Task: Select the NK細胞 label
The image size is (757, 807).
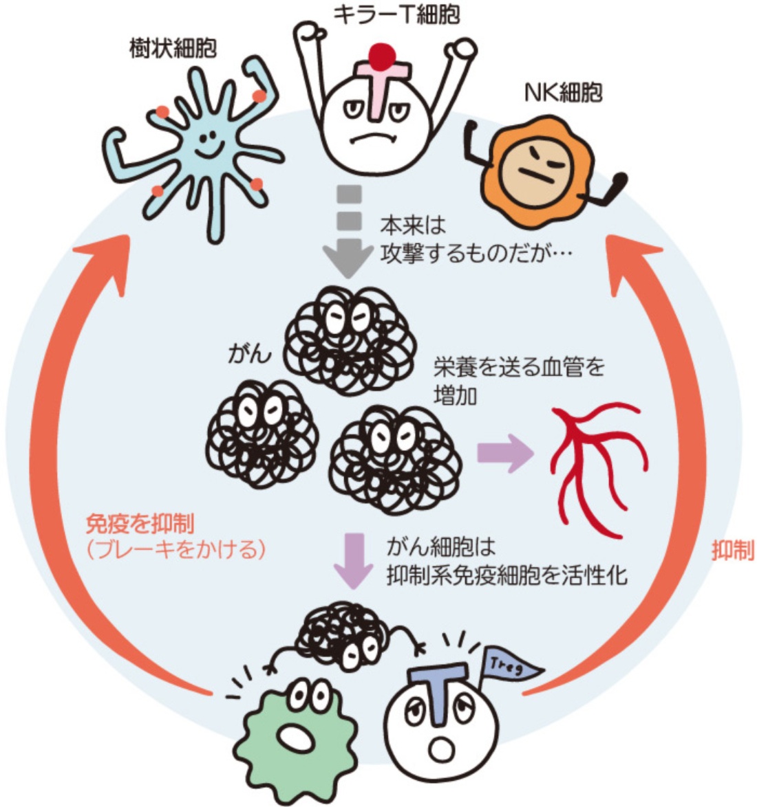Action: click(x=564, y=92)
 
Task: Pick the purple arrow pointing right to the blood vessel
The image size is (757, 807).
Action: click(x=505, y=454)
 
